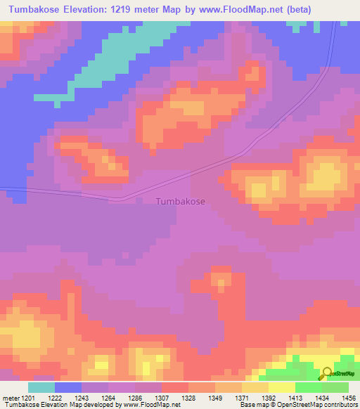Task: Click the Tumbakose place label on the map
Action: coord(180,201)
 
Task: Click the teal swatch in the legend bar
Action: coord(41,387)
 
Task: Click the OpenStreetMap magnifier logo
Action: coord(326,373)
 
